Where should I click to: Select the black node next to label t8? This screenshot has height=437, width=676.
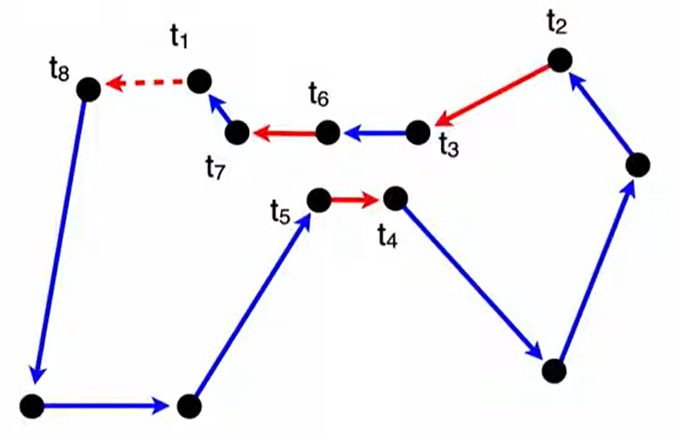click(88, 90)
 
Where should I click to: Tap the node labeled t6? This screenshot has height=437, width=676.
click(328, 133)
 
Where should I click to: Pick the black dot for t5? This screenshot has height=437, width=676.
click(319, 200)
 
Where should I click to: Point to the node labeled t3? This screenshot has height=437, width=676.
click(418, 133)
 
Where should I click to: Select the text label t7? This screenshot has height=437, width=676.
click(216, 169)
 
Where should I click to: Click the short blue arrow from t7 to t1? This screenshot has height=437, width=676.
click(220, 111)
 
